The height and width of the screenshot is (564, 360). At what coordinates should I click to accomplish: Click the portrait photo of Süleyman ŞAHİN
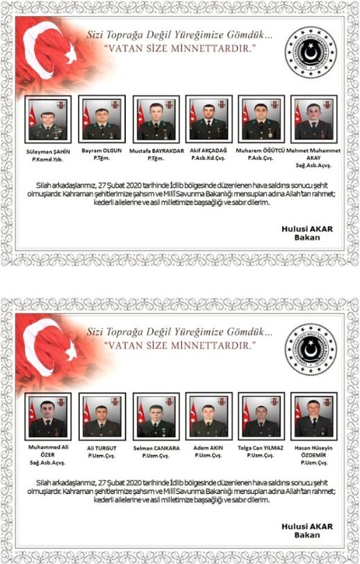(x=47, y=119)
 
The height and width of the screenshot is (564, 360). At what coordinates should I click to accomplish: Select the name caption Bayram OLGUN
(x=101, y=150)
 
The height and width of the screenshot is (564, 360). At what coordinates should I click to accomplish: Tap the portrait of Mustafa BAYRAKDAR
(x=156, y=119)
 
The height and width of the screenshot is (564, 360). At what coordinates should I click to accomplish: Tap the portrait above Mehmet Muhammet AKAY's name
(x=314, y=119)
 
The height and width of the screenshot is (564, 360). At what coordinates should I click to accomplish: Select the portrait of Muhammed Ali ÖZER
(x=47, y=417)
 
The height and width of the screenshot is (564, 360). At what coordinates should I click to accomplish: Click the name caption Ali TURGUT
(x=101, y=448)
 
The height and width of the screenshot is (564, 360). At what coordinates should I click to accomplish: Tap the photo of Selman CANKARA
(x=156, y=417)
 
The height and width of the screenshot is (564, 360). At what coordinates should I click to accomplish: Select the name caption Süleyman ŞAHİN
(x=47, y=150)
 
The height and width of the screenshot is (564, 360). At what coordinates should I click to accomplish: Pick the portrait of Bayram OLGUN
(x=101, y=119)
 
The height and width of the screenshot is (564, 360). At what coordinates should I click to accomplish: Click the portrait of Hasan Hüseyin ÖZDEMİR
(x=314, y=417)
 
